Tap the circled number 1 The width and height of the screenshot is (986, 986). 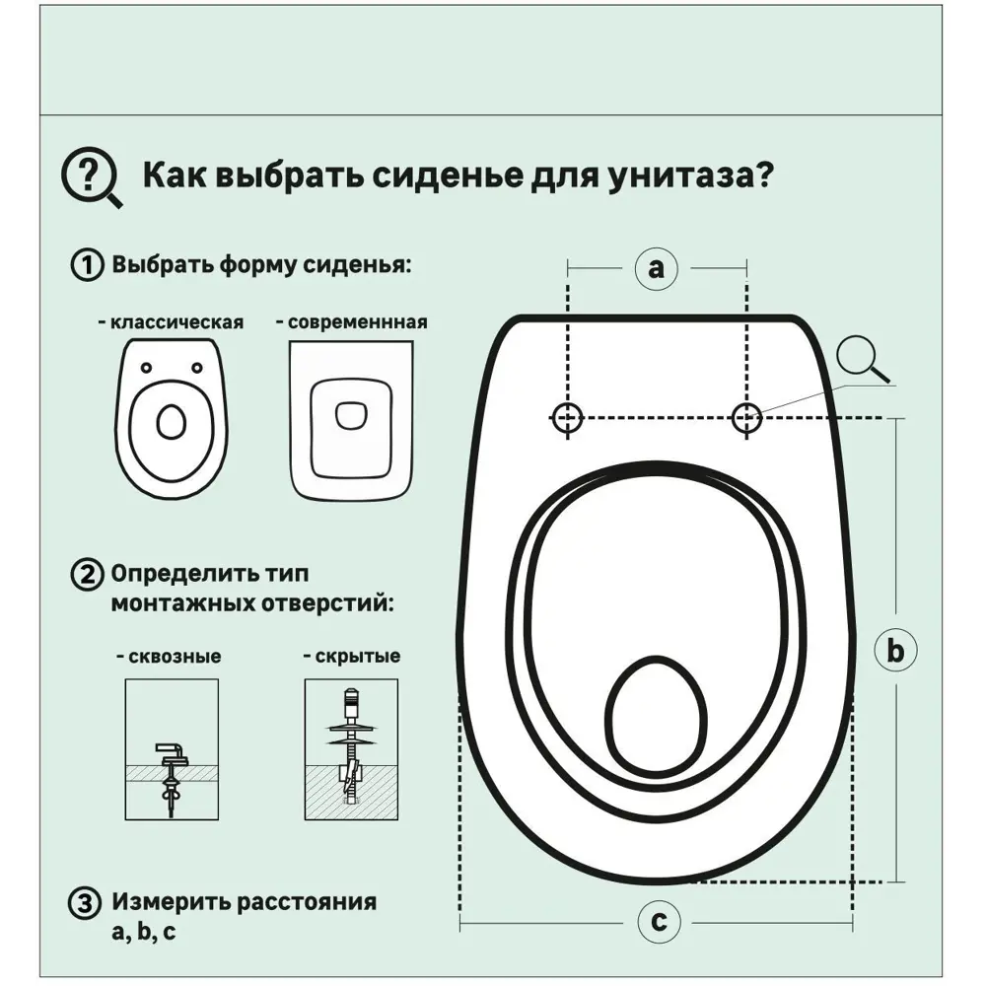pyautogui.click(x=86, y=265)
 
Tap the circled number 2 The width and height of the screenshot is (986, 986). pyautogui.click(x=86, y=574)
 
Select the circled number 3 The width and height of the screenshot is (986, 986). pyautogui.click(x=86, y=903)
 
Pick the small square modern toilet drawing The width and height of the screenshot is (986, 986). pyautogui.click(x=350, y=418)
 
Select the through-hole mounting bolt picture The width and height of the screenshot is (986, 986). pyautogui.click(x=172, y=750)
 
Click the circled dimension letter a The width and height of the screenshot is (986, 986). pyautogui.click(x=657, y=266)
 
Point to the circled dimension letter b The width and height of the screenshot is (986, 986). pyautogui.click(x=895, y=650)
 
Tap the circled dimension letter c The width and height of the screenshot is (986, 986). pyautogui.click(x=658, y=923)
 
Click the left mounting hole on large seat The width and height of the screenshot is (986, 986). pyautogui.click(x=567, y=418)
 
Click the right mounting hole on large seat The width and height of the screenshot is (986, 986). pyautogui.click(x=746, y=418)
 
